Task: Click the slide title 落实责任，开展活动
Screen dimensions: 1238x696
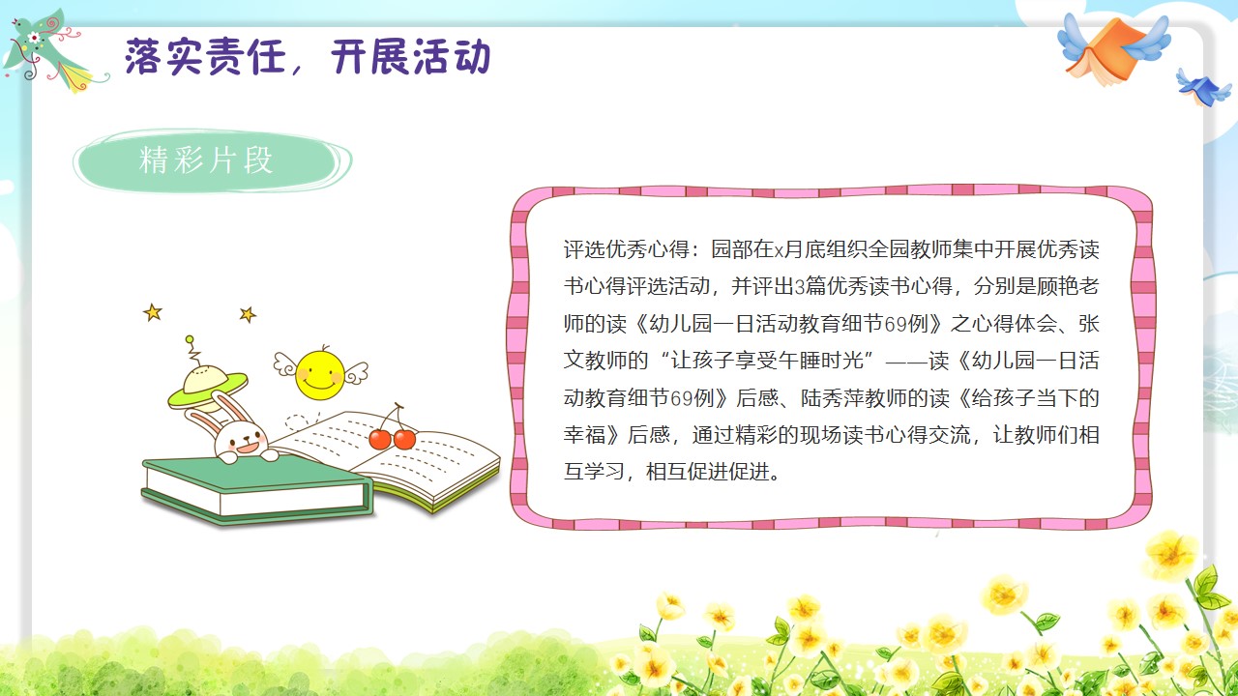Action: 308,56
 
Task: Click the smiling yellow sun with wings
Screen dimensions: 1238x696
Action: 320,373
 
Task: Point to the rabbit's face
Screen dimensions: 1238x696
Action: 241,439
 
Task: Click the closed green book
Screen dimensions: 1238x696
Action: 257,488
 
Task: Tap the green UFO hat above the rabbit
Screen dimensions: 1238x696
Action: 207,380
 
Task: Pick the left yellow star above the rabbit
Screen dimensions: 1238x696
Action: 153,312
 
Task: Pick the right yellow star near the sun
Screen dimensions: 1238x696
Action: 248,314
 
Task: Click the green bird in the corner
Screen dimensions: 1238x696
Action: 49,52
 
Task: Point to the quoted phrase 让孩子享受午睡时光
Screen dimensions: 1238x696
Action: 767,361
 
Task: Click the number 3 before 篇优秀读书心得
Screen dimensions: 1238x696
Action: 800,287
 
